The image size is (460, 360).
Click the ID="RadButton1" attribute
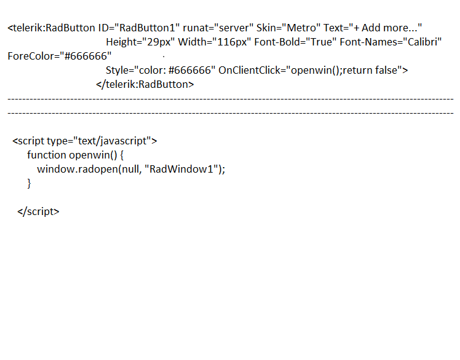[138, 28]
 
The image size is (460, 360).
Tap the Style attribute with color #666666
[161, 71]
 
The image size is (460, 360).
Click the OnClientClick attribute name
[250, 71]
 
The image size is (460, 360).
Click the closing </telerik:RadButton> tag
[145, 85]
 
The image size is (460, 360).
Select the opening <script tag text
[28, 141]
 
